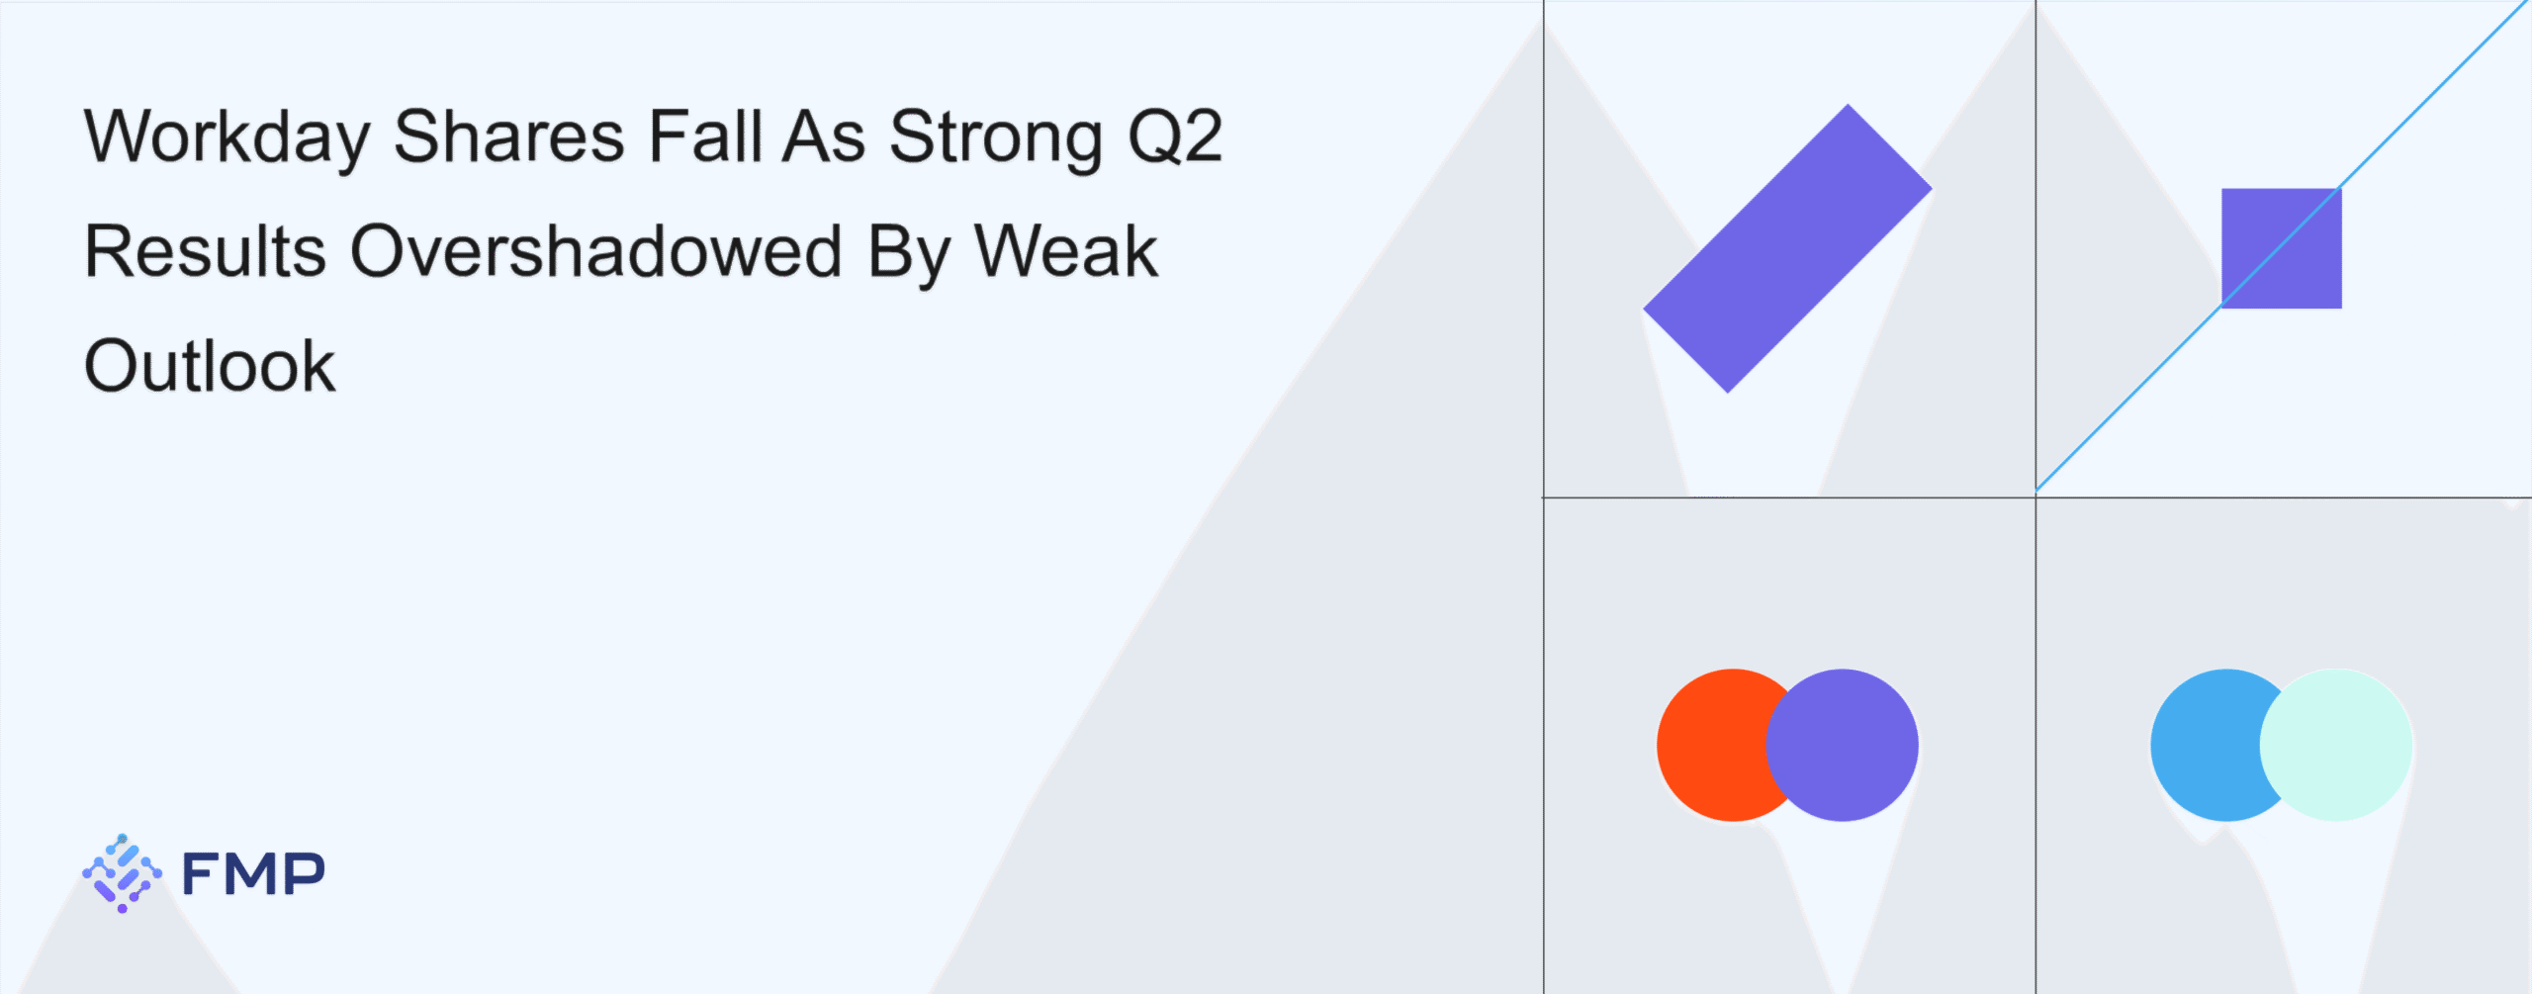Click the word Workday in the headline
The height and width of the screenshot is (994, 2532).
tap(227, 138)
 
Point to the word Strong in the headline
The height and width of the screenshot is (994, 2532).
tap(996, 138)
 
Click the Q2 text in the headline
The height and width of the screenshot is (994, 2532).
tap(1176, 136)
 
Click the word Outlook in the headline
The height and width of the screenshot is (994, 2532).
tap(211, 365)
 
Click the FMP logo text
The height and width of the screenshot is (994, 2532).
tap(253, 873)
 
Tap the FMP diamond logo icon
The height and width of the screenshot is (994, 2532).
tap(122, 873)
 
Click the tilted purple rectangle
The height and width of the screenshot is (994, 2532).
tap(1787, 248)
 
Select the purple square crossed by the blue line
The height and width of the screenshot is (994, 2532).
tap(2282, 248)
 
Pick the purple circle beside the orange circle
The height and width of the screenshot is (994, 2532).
tap(1842, 745)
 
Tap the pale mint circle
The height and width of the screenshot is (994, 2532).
tap(2336, 745)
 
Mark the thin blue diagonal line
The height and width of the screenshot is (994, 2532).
tap(2282, 246)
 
